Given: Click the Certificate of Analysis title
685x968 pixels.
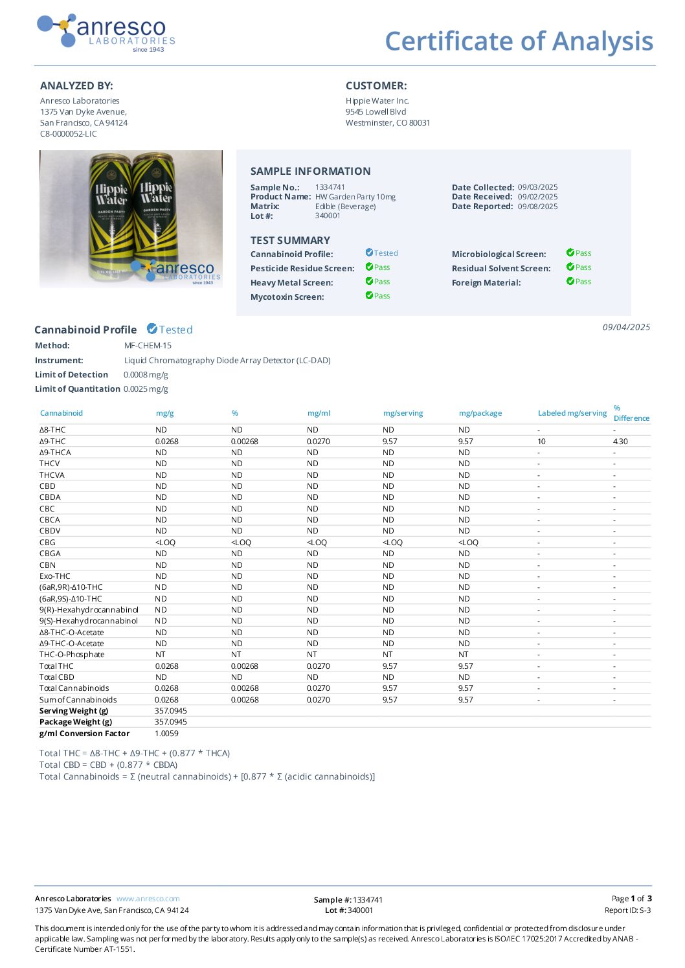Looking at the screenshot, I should coord(519,41).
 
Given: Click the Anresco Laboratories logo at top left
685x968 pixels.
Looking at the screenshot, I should coord(106,32).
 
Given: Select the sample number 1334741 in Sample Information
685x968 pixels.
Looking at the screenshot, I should coord(330,187).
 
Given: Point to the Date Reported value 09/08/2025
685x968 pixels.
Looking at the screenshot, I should coord(537,207).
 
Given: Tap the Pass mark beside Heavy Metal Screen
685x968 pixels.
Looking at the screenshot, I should coord(378,282).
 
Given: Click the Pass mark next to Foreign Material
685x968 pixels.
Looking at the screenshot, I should coord(579,282).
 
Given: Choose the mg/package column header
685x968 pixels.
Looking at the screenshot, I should coord(480,413).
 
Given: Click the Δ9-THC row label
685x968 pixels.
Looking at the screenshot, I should coord(52,442).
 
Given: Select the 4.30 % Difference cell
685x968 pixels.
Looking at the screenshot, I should coord(620,442).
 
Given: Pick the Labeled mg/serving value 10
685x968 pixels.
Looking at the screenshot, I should coord(541,442).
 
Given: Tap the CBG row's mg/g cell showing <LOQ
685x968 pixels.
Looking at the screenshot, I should coord(165,543).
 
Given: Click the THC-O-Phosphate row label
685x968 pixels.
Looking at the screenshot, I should coord(72,655).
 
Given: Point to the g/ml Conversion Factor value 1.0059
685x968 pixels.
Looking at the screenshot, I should coord(166,734).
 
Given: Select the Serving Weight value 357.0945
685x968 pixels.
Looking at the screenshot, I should coord(171,711).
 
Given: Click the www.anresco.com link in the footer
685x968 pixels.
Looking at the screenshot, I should coord(148,899).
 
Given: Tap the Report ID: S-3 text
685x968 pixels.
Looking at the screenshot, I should coord(627,910).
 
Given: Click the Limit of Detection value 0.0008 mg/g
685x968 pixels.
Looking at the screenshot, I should coord(146,375).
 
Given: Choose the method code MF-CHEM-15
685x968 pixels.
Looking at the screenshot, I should coord(148,346).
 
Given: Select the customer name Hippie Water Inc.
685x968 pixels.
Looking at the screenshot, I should coord(377,101).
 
